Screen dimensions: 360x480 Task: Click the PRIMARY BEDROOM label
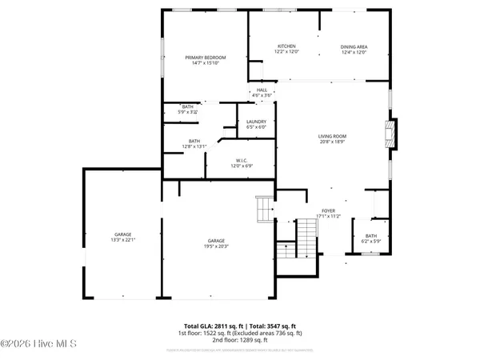(x=206, y=58)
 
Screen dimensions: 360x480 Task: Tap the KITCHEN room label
(x=286, y=46)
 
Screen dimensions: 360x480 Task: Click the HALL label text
(x=262, y=90)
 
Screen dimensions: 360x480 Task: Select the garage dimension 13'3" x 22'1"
(x=122, y=241)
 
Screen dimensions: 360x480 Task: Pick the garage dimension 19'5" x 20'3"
(x=216, y=246)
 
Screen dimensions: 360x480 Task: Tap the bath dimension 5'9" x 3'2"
(x=187, y=113)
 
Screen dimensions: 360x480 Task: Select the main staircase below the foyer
(x=306, y=236)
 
